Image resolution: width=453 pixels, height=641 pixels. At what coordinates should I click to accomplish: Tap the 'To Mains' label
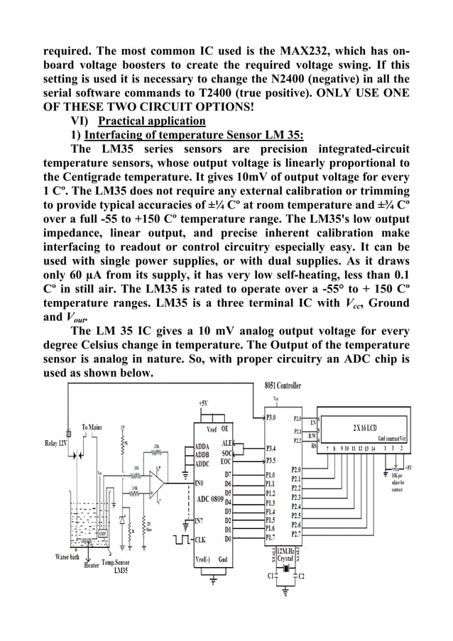click(94, 427)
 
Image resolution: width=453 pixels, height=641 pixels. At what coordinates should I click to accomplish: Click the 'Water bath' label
click(71, 557)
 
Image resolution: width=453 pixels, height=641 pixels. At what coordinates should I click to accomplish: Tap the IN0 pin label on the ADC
click(202, 482)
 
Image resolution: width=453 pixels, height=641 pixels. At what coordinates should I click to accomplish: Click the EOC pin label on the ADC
click(226, 461)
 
